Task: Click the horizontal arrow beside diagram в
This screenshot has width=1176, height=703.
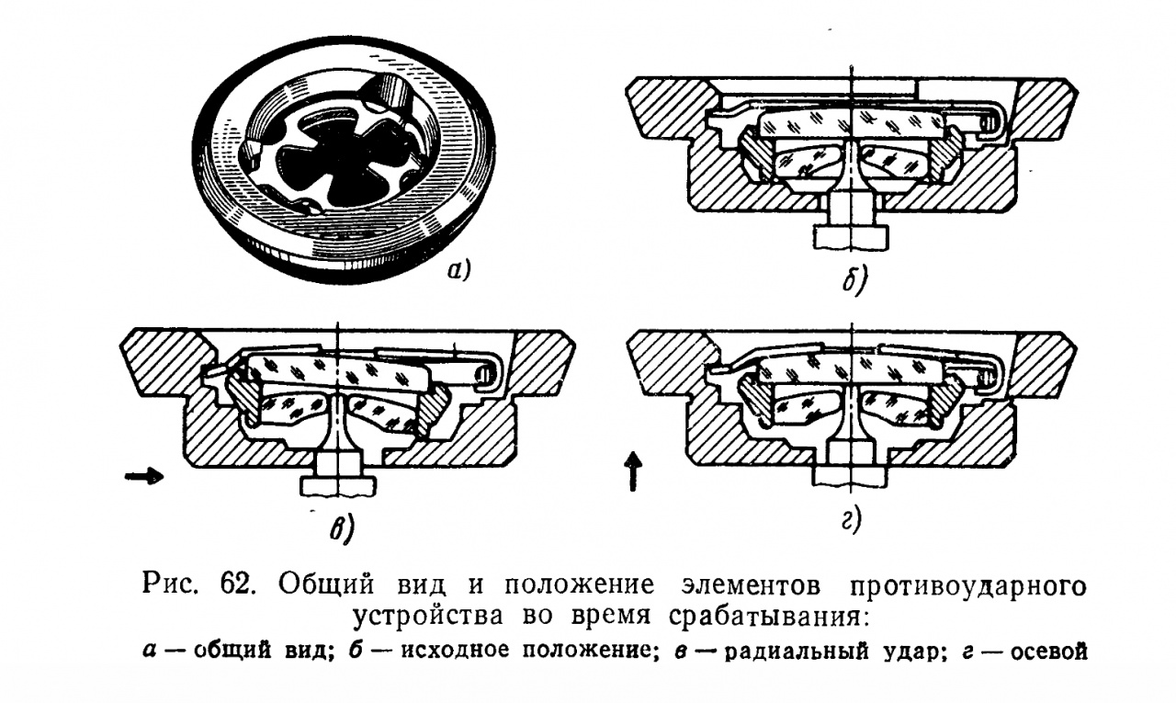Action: click(144, 477)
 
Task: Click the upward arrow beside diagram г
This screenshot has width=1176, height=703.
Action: click(634, 471)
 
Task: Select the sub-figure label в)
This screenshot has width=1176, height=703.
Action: click(342, 528)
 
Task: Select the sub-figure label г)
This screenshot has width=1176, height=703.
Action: click(852, 521)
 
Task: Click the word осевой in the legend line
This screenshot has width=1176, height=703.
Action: click(1049, 652)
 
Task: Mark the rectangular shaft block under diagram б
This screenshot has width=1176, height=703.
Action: click(851, 237)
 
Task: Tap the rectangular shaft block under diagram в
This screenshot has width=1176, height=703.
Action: click(339, 486)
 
